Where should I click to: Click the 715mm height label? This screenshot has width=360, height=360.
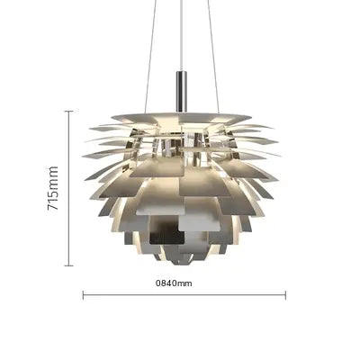(53, 188)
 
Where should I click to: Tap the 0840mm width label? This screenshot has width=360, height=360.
(174, 283)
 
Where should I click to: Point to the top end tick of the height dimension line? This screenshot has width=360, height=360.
(69, 111)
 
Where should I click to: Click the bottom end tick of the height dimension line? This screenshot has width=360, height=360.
(69, 265)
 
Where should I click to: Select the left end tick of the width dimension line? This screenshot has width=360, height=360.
(83, 295)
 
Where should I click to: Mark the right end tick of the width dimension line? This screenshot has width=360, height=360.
(285, 295)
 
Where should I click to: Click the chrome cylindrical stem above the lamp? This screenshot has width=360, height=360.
(182, 92)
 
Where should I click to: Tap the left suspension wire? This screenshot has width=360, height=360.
(149, 57)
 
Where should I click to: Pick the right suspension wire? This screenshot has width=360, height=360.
(213, 57)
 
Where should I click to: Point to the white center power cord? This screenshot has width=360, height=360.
(182, 36)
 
